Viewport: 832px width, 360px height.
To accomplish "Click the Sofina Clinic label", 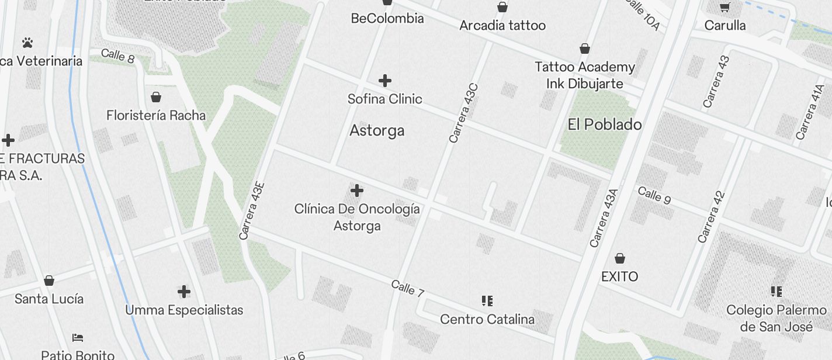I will (384, 99).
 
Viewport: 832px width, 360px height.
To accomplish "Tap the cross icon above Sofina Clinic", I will (384, 81).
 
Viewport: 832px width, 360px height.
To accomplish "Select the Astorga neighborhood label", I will (377, 130).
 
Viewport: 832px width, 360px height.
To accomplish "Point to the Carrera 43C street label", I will (464, 113).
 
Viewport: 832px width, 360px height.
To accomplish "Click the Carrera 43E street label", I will (252, 211).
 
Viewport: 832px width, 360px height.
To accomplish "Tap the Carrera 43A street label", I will (604, 218).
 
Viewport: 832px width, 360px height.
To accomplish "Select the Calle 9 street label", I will (654, 195).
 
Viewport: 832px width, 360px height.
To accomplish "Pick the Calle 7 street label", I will (407, 288).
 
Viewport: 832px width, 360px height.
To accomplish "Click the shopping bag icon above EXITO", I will (620, 258).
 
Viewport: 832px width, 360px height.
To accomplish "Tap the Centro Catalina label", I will (487, 319).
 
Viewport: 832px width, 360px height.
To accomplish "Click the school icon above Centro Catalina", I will (487, 301).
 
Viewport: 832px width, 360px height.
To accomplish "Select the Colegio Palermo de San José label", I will (776, 318).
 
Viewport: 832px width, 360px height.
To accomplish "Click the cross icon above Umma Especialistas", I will (184, 292).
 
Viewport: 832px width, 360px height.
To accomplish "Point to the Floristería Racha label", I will (156, 115).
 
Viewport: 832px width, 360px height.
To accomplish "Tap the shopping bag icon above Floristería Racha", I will (156, 97).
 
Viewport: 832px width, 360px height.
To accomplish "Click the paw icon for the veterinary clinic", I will (27, 43).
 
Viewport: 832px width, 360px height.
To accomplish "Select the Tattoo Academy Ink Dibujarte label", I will (585, 75).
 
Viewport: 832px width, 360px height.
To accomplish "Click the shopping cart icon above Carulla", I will (725, 8).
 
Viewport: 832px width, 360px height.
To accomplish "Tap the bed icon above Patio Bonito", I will (78, 338).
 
